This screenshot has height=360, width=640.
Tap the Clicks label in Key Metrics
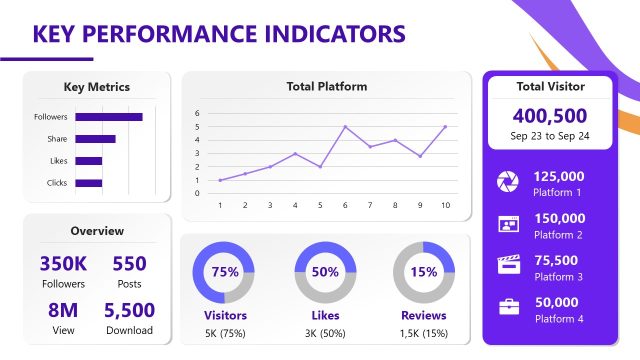pos(57,183)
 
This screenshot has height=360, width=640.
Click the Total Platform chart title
pos(326,87)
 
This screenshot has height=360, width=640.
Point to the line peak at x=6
pos(345,127)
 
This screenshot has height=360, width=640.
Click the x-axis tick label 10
pos(444,205)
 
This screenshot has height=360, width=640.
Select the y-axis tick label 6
pos(197,113)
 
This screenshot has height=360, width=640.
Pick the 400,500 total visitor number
pos(550,116)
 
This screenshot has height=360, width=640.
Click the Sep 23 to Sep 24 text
pos(550,136)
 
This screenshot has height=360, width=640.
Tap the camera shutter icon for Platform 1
pos(508,181)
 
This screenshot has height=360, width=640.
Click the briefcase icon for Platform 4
pos(508,307)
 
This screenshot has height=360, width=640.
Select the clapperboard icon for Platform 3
pos(508,265)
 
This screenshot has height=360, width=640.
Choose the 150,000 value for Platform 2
pos(559,218)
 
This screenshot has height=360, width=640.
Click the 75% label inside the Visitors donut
pos(225,272)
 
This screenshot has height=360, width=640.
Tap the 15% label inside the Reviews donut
pos(423,272)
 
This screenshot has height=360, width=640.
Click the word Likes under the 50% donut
pos(325,315)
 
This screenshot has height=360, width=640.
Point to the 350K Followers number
pos(63,264)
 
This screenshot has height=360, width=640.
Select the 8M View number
pos(63,311)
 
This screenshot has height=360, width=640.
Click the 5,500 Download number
pos(129,311)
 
